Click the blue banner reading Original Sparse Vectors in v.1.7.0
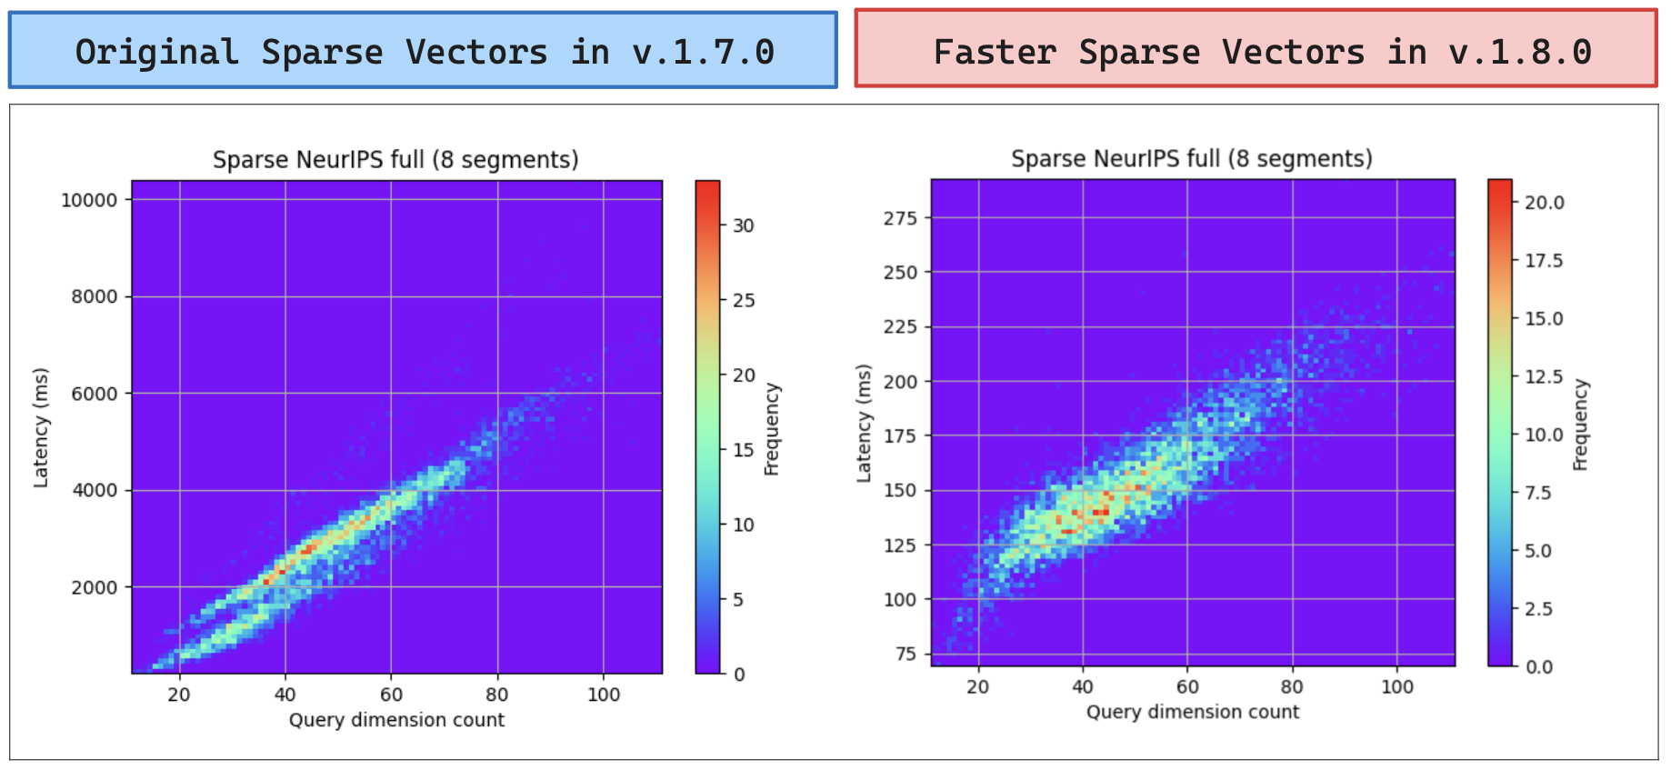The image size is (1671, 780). [x=423, y=51]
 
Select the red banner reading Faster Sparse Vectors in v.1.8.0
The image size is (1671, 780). [x=1256, y=50]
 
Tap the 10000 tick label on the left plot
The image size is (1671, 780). [x=89, y=200]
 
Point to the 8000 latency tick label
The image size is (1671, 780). [x=95, y=297]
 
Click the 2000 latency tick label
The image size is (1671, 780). [x=95, y=587]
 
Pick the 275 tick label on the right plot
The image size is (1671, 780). [x=900, y=218]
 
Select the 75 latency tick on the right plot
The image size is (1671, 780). [x=906, y=654]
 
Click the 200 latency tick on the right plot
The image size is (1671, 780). [x=900, y=382]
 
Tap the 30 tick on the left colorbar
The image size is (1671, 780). [x=743, y=225]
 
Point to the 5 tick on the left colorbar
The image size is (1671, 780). [x=738, y=600]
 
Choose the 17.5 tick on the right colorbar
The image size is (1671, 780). [x=1544, y=261]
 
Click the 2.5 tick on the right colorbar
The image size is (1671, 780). [x=1538, y=609]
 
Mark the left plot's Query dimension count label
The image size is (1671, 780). [x=396, y=720]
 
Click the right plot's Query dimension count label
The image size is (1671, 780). [x=1193, y=712]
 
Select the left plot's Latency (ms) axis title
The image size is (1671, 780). [x=41, y=427]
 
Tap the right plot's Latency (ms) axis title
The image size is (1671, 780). [x=864, y=423]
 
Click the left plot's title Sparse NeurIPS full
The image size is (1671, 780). [x=395, y=160]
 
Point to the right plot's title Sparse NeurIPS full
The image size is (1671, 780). [x=1192, y=159]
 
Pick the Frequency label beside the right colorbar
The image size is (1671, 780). [x=1581, y=425]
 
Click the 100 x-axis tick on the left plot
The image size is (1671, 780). [x=604, y=695]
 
